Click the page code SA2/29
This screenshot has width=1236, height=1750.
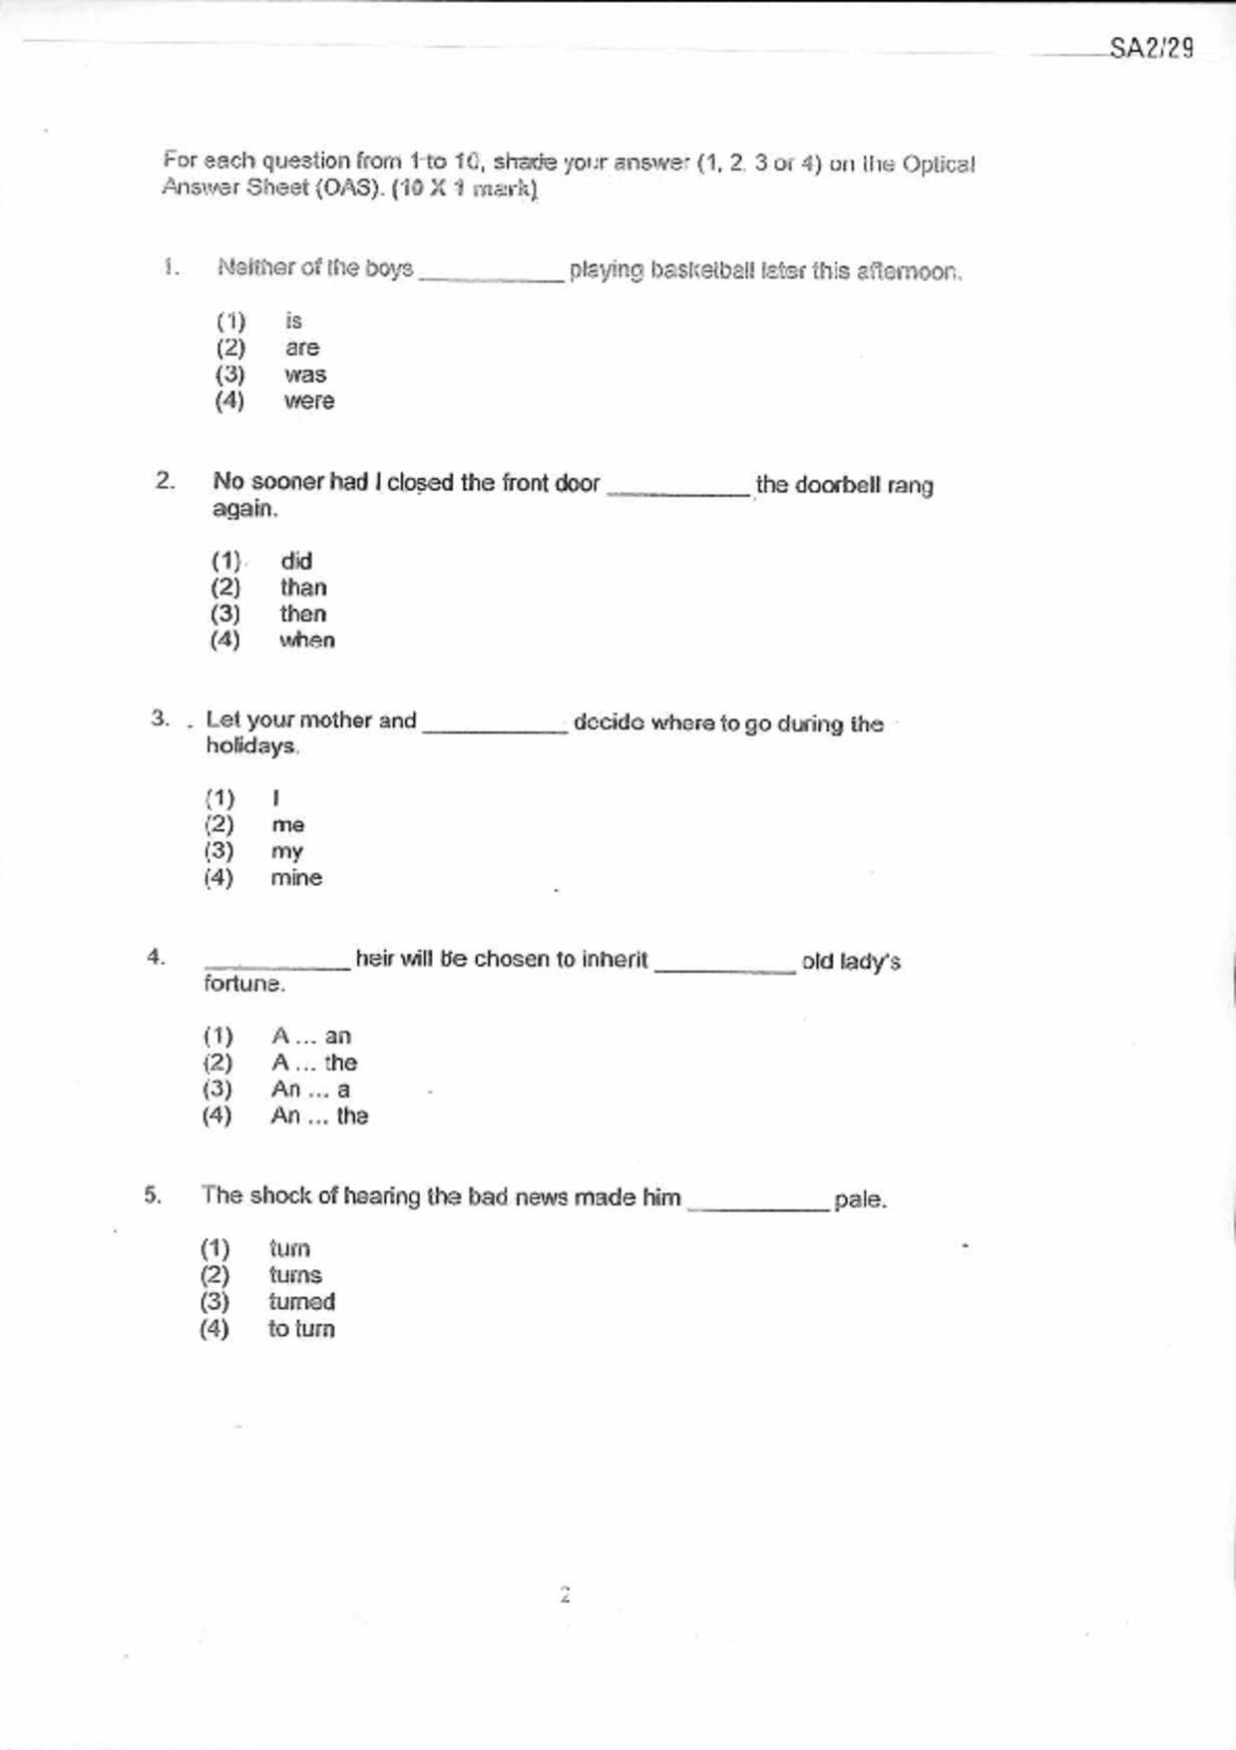(x=1151, y=48)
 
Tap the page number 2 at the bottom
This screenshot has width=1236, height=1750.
(x=565, y=1594)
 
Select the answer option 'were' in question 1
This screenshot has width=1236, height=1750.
(x=308, y=401)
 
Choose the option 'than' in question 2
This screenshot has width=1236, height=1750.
(x=302, y=588)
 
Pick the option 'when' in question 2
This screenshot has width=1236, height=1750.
(x=306, y=641)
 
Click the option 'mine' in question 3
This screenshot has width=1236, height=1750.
(x=296, y=878)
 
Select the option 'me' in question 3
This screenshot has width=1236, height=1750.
(x=287, y=825)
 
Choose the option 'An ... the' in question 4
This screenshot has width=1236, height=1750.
(x=319, y=1115)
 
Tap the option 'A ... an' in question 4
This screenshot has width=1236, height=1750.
(x=310, y=1036)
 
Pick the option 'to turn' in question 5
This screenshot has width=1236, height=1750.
(x=301, y=1329)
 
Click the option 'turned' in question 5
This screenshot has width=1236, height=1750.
(x=301, y=1302)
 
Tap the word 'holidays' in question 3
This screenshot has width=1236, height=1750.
(x=251, y=746)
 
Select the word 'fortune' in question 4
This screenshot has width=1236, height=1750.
(x=243, y=984)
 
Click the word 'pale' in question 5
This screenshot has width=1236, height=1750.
(x=859, y=1199)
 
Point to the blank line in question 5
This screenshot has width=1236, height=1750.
(x=758, y=1207)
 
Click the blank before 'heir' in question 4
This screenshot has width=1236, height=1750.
(x=276, y=966)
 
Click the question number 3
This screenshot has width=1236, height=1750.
(x=160, y=718)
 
